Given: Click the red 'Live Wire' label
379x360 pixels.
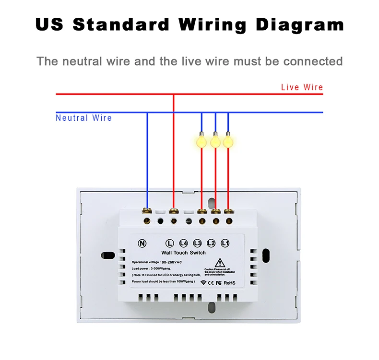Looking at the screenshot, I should [302, 87].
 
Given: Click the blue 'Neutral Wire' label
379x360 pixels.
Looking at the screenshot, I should [83, 118].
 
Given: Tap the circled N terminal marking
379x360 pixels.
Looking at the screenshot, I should [142, 243].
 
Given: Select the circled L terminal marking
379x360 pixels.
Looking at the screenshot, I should [169, 243].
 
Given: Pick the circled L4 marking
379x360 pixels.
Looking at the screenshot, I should [183, 243].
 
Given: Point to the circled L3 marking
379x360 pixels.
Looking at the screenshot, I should [197, 243].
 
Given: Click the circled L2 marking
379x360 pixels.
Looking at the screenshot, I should [211, 243].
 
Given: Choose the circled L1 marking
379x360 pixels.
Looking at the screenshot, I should [225, 243].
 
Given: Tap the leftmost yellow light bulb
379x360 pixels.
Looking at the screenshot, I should [201, 141].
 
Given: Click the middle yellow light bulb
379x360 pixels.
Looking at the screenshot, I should [215, 141].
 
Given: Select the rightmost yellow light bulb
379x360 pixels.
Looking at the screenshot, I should [228, 141].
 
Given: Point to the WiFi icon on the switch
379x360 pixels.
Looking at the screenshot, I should [203, 283].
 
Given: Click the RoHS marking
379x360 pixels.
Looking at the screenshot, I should [230, 283].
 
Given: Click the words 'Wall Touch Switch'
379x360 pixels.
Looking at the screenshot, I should [183, 253].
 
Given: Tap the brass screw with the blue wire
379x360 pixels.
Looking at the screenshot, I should [147, 210].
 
